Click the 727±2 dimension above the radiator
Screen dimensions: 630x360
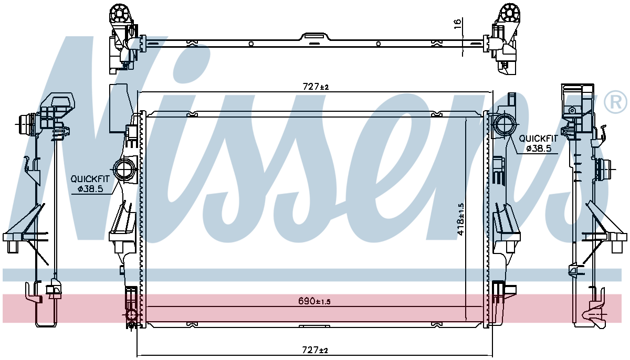click(316, 86)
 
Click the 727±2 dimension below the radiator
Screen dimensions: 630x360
click(315, 350)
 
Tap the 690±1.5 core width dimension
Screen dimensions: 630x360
click(314, 301)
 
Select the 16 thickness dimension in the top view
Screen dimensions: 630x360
click(458, 24)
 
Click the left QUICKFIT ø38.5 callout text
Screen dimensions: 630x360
click(90, 184)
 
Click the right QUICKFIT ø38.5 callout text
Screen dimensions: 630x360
click(538, 143)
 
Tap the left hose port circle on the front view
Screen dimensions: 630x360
click(125, 170)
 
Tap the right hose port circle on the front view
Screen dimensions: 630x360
click(505, 125)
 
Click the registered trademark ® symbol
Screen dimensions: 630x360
click(616, 102)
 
